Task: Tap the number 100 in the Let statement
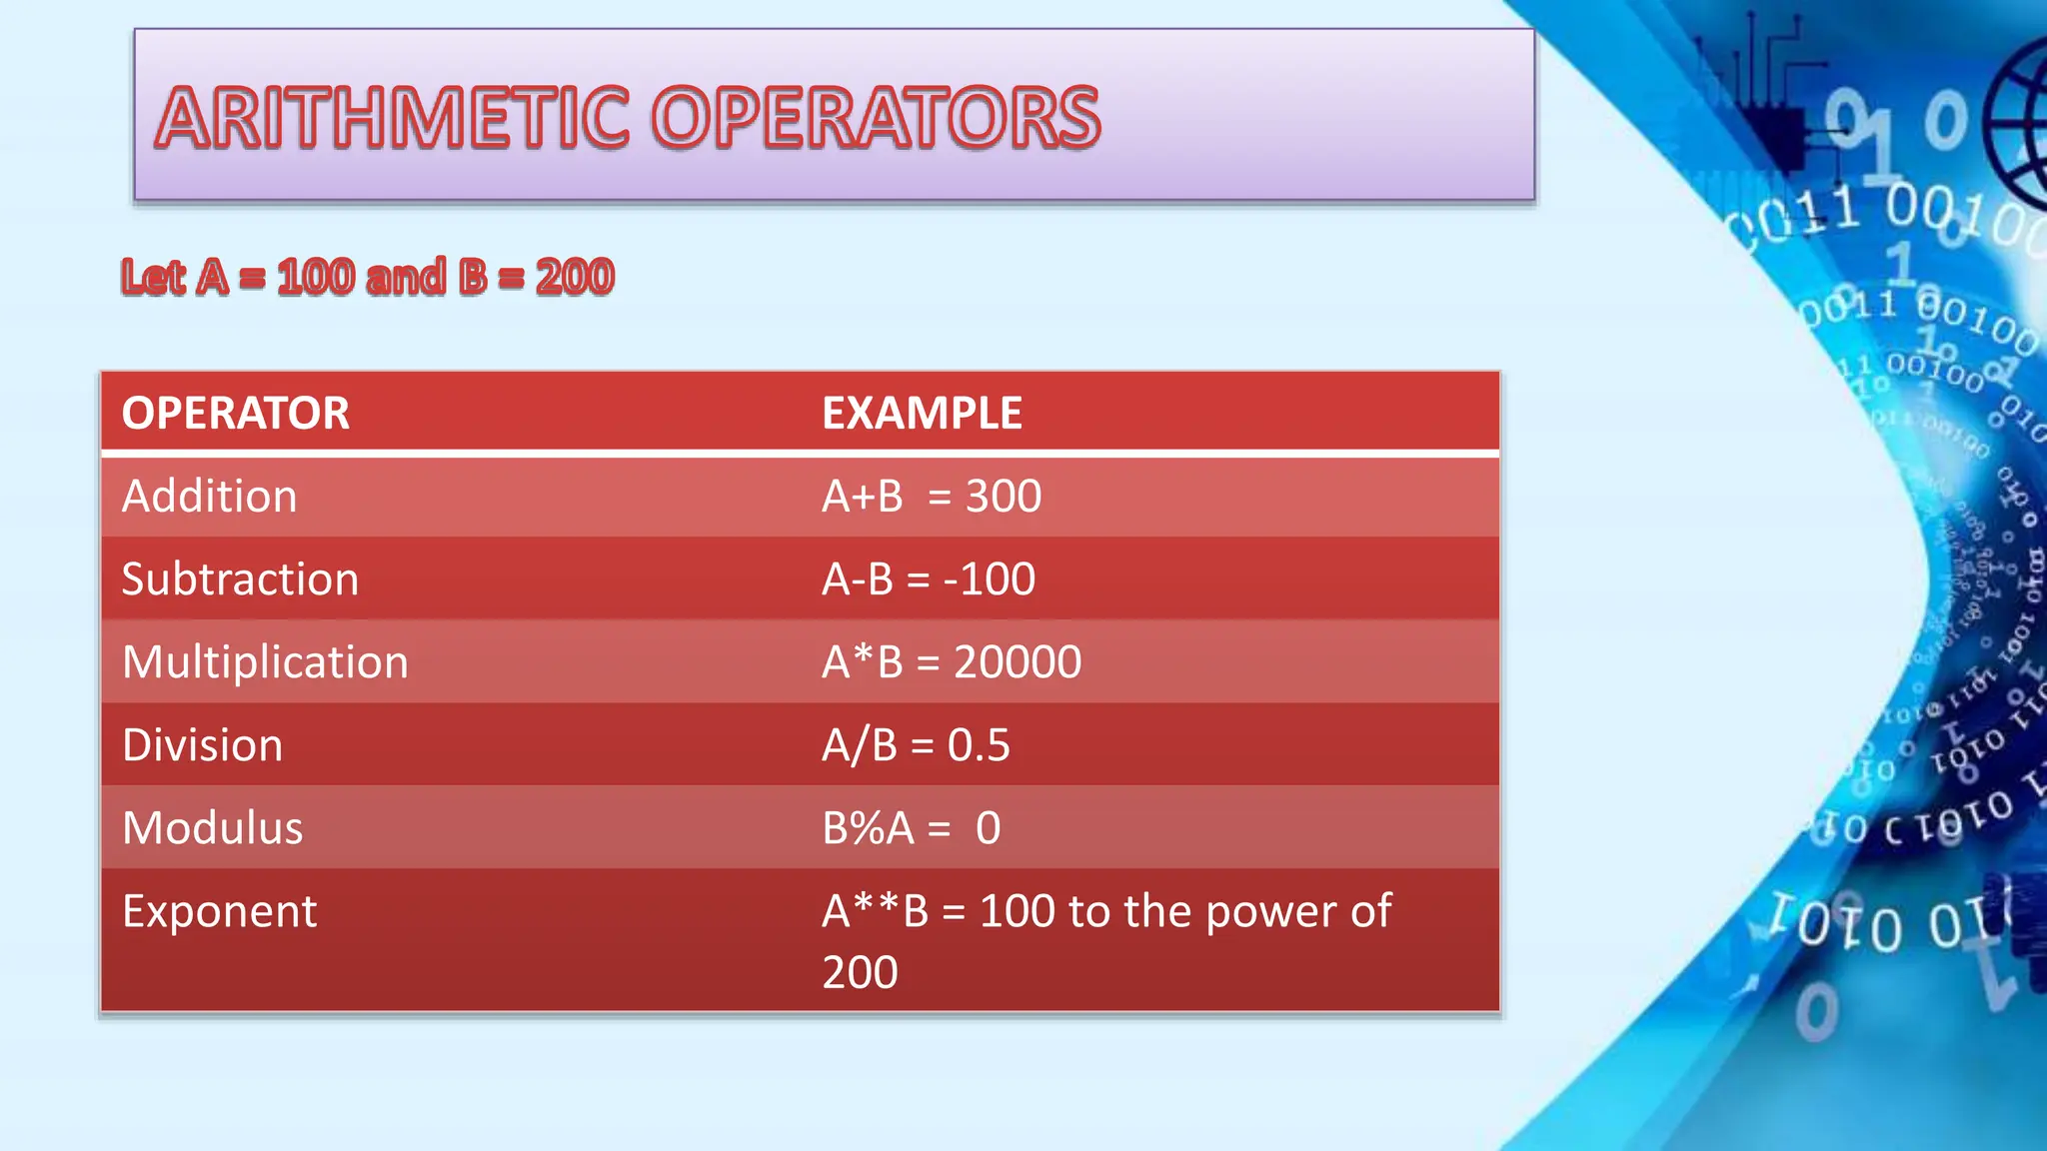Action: pos(316,277)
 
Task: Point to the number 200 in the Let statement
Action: pos(575,277)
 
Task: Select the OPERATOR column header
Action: pos(236,413)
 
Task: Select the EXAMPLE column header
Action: pos(922,413)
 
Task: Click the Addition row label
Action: pos(210,496)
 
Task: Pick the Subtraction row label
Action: pos(240,578)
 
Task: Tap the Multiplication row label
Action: pos(265,661)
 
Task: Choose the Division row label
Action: pos(202,744)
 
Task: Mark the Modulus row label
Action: pos(212,827)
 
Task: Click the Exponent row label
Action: pos(219,910)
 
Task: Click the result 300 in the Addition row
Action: pos(1004,496)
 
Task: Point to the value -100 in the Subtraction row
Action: pos(990,578)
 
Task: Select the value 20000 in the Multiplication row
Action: pos(1018,661)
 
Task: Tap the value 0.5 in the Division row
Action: pos(979,744)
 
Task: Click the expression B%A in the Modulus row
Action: pos(868,827)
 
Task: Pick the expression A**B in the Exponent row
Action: pos(875,910)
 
